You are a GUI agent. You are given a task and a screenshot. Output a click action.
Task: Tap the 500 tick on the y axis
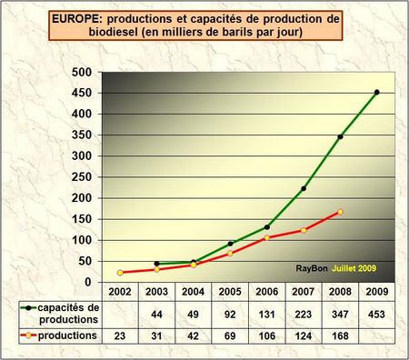tap(82, 73)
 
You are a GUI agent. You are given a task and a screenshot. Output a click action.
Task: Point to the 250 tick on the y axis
tap(82, 177)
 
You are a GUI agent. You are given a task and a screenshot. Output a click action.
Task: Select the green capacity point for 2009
tap(376, 92)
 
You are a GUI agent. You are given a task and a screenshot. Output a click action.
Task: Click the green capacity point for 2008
tap(340, 137)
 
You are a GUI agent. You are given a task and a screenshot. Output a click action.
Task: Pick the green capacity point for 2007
tap(303, 188)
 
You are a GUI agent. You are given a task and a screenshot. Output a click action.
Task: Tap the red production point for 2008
tap(340, 212)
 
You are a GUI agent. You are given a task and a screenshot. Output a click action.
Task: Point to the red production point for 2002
tap(120, 272)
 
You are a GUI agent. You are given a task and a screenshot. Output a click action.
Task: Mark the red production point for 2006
tap(266, 238)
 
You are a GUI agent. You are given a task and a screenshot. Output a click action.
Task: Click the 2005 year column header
tap(230, 292)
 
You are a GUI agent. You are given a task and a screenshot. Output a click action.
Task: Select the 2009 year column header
tap(376, 292)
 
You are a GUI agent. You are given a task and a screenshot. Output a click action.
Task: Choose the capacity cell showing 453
tap(376, 314)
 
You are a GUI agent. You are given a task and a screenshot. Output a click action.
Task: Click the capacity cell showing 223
tap(303, 314)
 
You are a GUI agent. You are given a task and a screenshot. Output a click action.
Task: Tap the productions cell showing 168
tap(340, 336)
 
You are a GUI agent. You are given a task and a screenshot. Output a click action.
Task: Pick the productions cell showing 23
tap(120, 336)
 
